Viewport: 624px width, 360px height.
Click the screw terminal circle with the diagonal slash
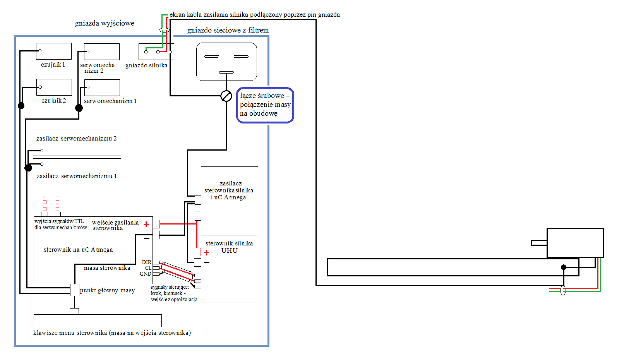226,96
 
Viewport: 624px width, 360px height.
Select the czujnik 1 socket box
54,51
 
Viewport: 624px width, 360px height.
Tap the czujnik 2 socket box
54,87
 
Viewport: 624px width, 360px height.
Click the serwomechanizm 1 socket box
102,87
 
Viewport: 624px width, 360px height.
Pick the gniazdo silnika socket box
156,51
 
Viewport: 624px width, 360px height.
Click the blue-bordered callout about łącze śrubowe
265,105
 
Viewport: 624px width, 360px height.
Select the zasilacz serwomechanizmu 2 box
77,143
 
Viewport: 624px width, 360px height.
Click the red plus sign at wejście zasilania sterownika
146,224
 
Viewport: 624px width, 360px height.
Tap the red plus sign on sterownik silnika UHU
206,253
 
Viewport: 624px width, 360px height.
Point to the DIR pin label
147,262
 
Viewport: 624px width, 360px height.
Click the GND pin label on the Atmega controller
146,274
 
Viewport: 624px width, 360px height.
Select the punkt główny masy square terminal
75,290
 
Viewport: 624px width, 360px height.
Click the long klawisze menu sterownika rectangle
98,321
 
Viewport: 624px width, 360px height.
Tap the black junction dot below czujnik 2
21,106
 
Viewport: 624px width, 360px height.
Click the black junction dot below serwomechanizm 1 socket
79,108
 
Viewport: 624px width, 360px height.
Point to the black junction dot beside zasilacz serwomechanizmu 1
28,168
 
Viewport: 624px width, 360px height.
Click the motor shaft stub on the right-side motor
539,243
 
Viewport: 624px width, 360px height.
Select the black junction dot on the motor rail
564,267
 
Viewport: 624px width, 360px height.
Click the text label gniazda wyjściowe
105,23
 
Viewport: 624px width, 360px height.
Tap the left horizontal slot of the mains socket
212,57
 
